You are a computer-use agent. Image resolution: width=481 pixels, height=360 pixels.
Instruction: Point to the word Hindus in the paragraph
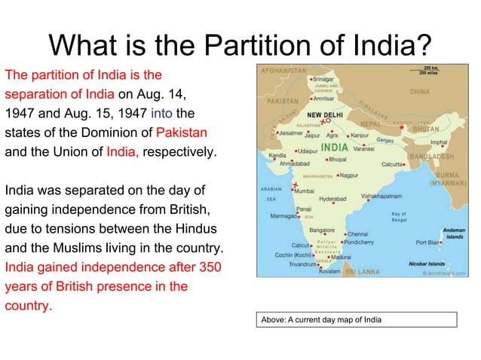coord(195,228)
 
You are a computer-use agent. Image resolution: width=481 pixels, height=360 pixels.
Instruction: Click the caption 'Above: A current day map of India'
coord(321,319)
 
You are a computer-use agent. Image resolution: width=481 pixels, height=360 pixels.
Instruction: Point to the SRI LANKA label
coord(362,270)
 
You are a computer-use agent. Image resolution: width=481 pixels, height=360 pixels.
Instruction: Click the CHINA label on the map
coord(419,92)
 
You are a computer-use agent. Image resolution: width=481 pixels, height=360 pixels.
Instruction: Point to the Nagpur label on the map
coord(348,175)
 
